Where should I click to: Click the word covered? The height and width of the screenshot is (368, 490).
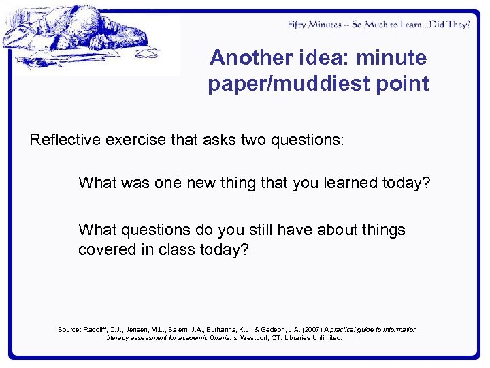click(x=105, y=249)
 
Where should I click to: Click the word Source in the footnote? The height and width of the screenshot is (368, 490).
click(x=69, y=329)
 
